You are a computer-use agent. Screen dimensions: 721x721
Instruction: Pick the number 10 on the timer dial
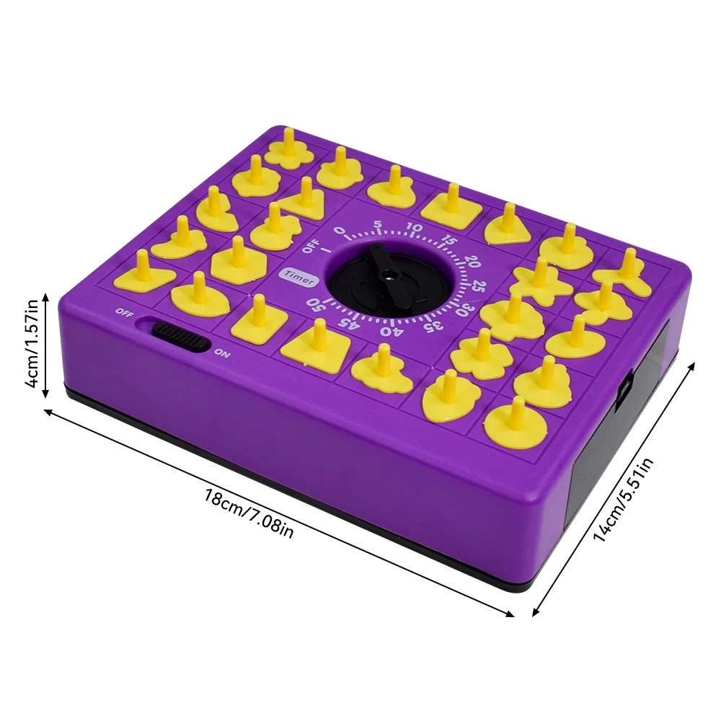click(x=414, y=228)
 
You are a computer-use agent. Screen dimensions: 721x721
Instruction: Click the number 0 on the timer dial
click(x=340, y=232)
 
